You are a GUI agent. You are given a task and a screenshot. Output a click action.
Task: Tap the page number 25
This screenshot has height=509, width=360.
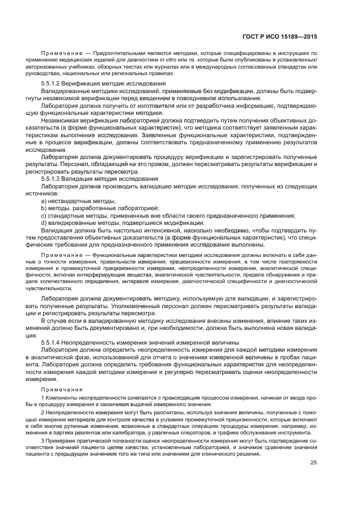coord(313,463)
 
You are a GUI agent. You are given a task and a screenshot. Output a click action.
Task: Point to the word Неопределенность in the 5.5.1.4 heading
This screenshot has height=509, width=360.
coord(93,341)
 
